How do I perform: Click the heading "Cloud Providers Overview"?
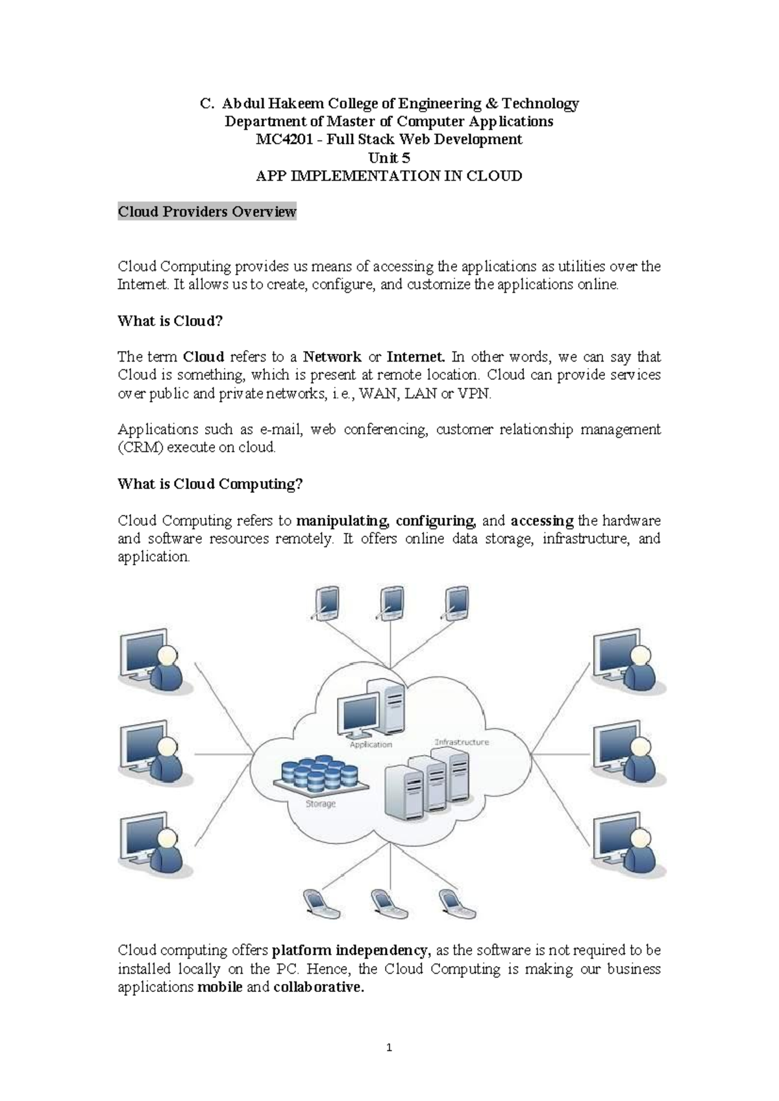click(206, 212)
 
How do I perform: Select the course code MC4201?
click(282, 139)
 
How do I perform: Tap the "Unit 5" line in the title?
click(389, 158)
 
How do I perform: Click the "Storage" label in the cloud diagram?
click(321, 804)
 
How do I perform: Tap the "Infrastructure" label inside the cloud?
click(462, 741)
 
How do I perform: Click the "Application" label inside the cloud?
click(371, 745)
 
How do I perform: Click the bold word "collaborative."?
click(319, 987)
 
